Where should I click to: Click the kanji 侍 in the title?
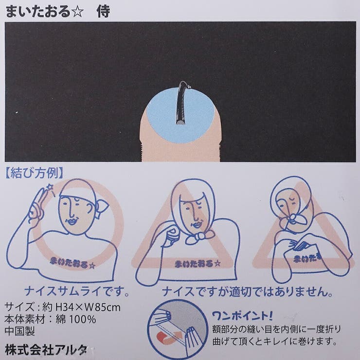coord(103,11)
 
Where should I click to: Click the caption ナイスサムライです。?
coord(77,291)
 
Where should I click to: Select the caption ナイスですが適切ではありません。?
coord(247,292)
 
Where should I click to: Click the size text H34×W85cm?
coord(88,307)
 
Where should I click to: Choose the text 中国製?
coord(20,331)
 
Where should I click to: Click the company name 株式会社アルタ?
coord(46,350)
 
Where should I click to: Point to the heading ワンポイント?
coord(242,316)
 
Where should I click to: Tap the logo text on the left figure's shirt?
coord(72,264)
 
